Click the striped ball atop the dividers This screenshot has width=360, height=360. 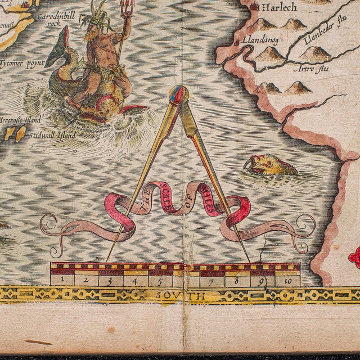tap(177, 94)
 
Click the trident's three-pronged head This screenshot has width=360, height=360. tap(128, 8)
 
